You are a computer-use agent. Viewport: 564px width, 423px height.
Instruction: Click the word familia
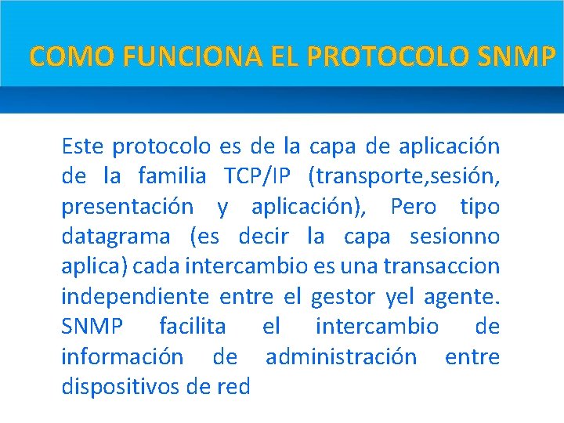coord(171,176)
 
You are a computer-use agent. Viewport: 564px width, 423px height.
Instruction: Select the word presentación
coord(127,207)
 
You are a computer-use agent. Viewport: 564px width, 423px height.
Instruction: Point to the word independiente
coord(135,297)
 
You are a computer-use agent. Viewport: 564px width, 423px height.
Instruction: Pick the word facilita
coord(192,327)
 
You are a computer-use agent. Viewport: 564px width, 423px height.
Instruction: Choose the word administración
coord(342,357)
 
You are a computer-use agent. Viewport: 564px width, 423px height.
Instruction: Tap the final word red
coord(233,387)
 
